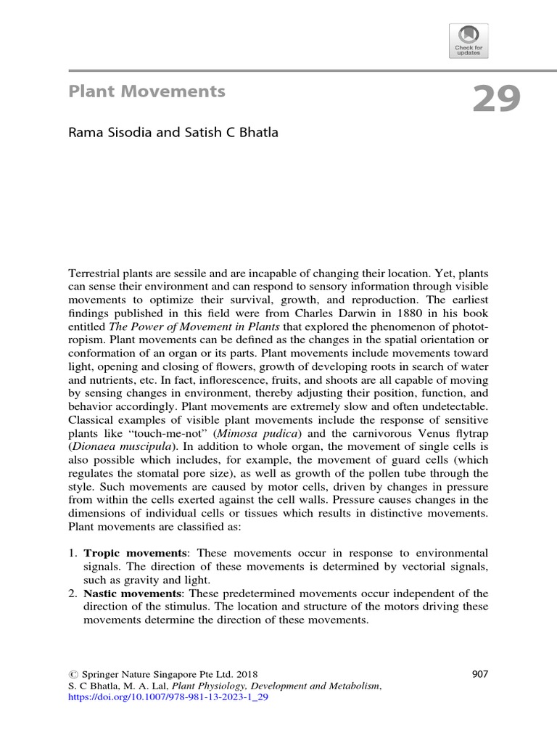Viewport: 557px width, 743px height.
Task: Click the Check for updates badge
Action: pyautogui.click(x=469, y=41)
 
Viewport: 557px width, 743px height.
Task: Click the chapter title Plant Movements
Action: pyautogui.click(x=147, y=91)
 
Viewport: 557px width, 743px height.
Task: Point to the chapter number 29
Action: pyautogui.click(x=496, y=99)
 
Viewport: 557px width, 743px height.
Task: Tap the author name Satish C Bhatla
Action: pyautogui.click(x=233, y=134)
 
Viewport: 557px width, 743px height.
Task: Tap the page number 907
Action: pyautogui.click(x=480, y=673)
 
